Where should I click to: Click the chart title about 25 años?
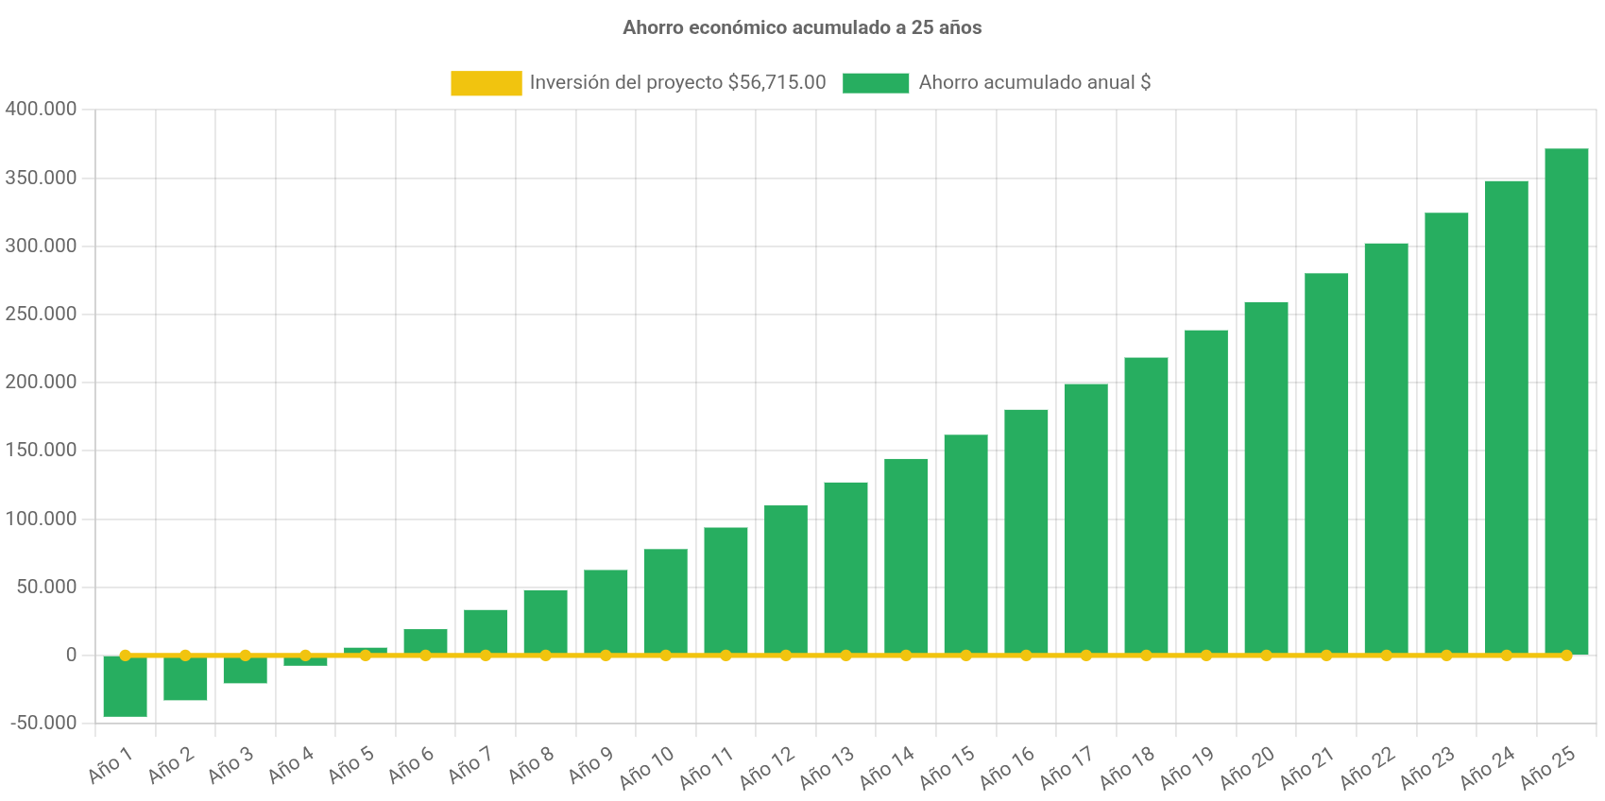(801, 27)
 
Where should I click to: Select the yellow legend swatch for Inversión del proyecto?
(486, 83)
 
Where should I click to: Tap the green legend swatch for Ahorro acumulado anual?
(876, 83)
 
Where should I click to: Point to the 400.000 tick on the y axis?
(41, 109)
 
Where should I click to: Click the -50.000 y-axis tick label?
(43, 723)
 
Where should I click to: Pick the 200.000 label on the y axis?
(41, 382)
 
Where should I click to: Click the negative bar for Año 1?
(125, 688)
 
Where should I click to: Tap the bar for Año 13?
(845, 567)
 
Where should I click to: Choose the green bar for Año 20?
(1266, 477)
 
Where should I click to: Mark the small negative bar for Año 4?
(305, 662)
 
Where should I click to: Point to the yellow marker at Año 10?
(666, 655)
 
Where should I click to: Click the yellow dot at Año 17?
(1085, 655)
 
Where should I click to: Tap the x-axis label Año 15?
(947, 767)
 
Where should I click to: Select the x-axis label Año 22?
(1367, 767)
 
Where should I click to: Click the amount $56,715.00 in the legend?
(777, 82)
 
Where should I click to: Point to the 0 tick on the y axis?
(71, 655)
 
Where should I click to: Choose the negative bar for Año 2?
(185, 678)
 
